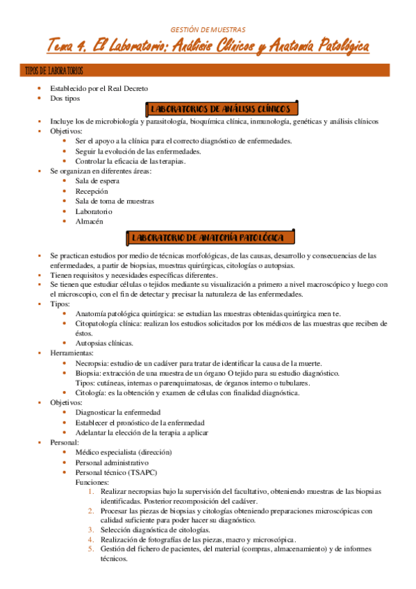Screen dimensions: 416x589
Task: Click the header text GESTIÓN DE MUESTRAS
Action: (x=208, y=29)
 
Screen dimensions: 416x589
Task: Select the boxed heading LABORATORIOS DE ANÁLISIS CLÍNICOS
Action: (x=223, y=109)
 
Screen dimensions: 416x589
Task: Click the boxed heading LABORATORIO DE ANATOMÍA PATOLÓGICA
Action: (x=207, y=238)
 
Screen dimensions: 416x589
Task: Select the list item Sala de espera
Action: (x=97, y=181)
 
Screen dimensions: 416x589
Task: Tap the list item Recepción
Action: (x=92, y=191)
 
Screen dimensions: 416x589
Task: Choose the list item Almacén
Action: (x=89, y=221)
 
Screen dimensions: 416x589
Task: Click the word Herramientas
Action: (x=72, y=353)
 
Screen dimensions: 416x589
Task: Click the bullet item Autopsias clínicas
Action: (x=104, y=343)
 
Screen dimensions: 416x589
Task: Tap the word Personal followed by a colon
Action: (x=64, y=442)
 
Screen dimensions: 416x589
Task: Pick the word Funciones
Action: (x=91, y=482)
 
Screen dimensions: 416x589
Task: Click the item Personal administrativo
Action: (x=112, y=463)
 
